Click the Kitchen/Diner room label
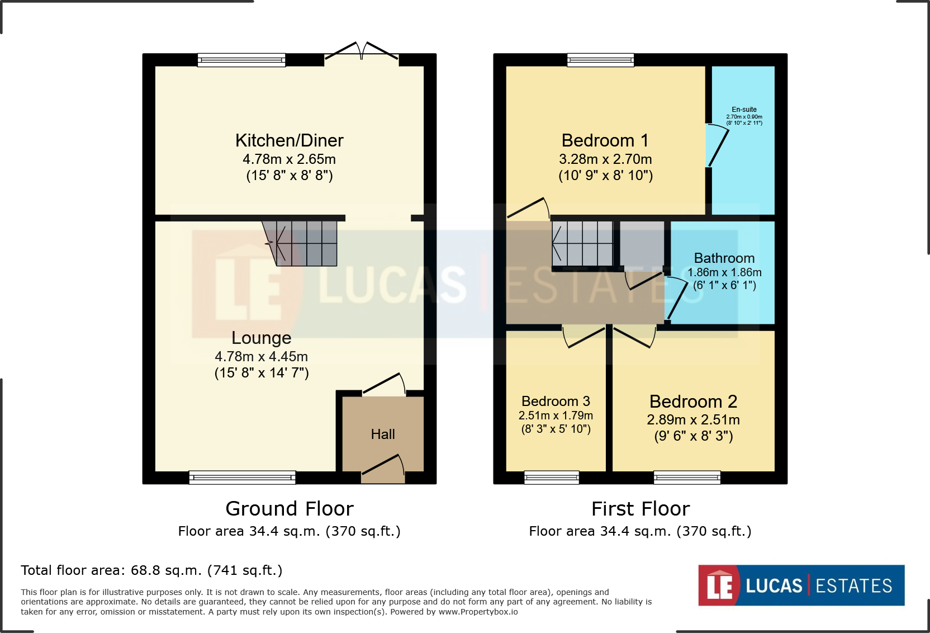tap(289, 140)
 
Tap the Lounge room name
tap(261, 338)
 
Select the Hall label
tap(383, 434)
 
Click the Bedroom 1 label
tap(605, 140)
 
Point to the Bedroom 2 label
tap(693, 401)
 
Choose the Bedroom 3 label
tap(556, 401)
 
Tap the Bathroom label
tap(724, 258)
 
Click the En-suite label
tap(744, 110)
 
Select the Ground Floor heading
tap(289, 509)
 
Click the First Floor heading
tap(640, 509)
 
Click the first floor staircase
tap(582, 243)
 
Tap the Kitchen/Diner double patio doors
tap(362, 51)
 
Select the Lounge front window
tap(242, 477)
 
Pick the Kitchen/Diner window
tap(241, 60)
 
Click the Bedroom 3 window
tap(552, 477)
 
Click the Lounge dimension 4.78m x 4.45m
tap(261, 357)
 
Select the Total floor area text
tap(151, 570)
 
